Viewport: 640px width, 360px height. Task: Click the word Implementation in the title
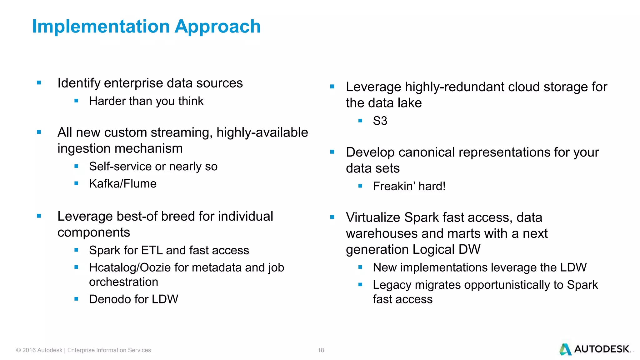tap(101, 27)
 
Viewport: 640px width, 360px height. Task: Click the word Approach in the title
tap(217, 27)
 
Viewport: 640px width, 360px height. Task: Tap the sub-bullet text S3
tap(380, 121)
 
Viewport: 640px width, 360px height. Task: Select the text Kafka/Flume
tap(122, 184)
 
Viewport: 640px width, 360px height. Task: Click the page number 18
tap(321, 350)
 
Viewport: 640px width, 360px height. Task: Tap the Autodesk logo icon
tap(565, 349)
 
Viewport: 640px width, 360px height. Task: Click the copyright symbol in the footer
tap(19, 350)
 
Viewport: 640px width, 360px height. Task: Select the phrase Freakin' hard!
tap(409, 187)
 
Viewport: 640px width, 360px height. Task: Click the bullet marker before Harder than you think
tap(76, 101)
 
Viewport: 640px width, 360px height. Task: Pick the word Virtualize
tap(373, 217)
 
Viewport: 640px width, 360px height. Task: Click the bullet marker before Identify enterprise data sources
tap(39, 83)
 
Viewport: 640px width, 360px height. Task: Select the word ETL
tap(152, 251)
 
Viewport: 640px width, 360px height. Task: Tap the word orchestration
tap(123, 282)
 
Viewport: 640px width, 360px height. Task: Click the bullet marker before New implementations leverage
tap(360, 267)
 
